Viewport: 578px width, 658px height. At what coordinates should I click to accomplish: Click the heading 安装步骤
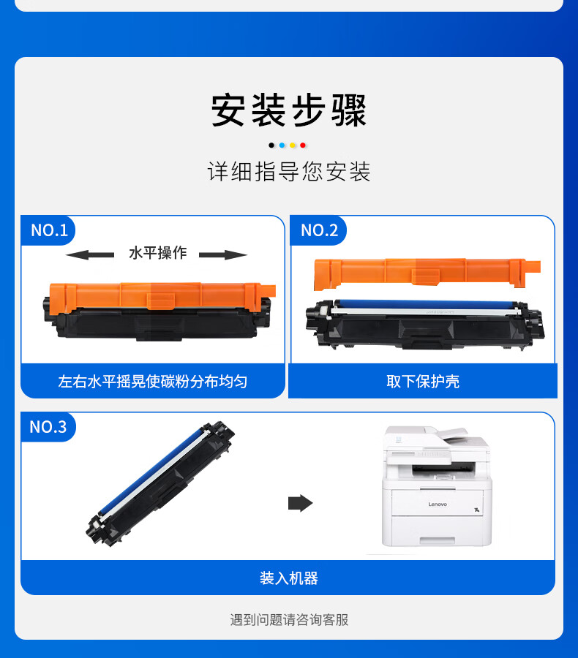tap(289, 110)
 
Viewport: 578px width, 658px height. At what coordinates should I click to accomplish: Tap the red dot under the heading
tap(303, 145)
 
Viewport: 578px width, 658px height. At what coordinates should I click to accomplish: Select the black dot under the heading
tap(271, 145)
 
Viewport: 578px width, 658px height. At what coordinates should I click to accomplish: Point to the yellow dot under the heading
tap(293, 145)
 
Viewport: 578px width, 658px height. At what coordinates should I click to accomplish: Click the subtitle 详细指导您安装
tap(289, 172)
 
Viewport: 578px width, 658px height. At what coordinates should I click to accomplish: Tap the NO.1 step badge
tap(48, 230)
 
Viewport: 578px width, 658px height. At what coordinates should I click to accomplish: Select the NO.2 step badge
tap(319, 230)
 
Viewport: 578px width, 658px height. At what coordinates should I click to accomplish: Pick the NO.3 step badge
tap(48, 427)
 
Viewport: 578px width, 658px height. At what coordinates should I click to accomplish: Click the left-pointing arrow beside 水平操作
tap(90, 254)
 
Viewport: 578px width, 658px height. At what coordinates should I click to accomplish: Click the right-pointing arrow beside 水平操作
tap(223, 254)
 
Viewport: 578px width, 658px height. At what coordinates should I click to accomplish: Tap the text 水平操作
tap(157, 253)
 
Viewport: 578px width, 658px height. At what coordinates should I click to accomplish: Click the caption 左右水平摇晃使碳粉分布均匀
tap(152, 382)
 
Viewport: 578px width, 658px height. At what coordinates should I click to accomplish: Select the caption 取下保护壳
tap(423, 382)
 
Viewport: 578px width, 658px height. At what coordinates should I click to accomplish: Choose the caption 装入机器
tap(289, 578)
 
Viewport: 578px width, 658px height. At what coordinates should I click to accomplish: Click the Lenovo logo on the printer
tap(438, 504)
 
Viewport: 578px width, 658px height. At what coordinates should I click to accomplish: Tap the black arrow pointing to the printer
tap(301, 503)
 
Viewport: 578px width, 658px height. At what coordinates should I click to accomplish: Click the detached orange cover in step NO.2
tap(427, 273)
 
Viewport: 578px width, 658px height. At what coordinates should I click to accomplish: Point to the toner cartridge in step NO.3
tap(160, 484)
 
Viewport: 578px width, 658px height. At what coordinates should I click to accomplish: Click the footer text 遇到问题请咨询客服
tap(289, 619)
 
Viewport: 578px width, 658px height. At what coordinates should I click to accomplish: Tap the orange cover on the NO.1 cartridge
tap(162, 296)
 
